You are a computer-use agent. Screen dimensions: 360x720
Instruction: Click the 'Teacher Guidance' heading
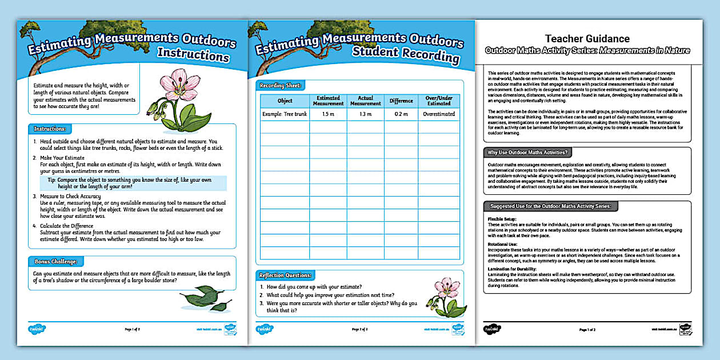pos(587,39)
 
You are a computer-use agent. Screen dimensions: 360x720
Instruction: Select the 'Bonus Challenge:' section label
pos(56,262)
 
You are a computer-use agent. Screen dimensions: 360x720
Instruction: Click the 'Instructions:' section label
pos(50,129)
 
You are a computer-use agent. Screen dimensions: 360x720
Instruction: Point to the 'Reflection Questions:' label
pos(286,275)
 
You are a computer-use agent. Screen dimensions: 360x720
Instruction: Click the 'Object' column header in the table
pos(285,101)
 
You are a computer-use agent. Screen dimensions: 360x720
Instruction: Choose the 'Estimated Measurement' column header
pos(328,101)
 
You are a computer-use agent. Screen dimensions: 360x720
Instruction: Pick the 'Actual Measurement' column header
pos(365,101)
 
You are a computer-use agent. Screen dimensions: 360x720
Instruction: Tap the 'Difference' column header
pos(401,101)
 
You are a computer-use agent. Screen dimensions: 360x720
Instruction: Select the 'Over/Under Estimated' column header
pos(439,101)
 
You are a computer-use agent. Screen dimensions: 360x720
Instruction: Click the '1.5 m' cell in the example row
pos(328,114)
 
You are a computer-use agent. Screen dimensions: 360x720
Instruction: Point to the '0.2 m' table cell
pos(401,114)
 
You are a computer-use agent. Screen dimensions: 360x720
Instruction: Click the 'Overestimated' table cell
pos(439,114)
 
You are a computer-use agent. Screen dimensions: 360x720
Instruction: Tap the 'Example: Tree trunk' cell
pos(285,114)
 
